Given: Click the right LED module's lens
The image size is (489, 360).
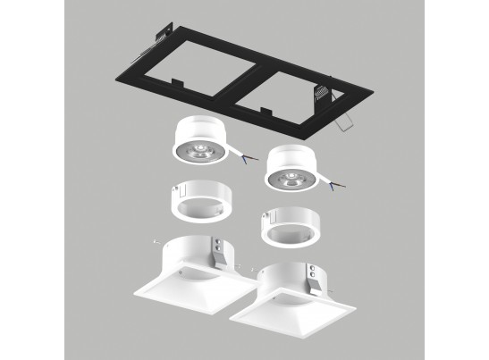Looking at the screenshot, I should pyautogui.click(x=291, y=178).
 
